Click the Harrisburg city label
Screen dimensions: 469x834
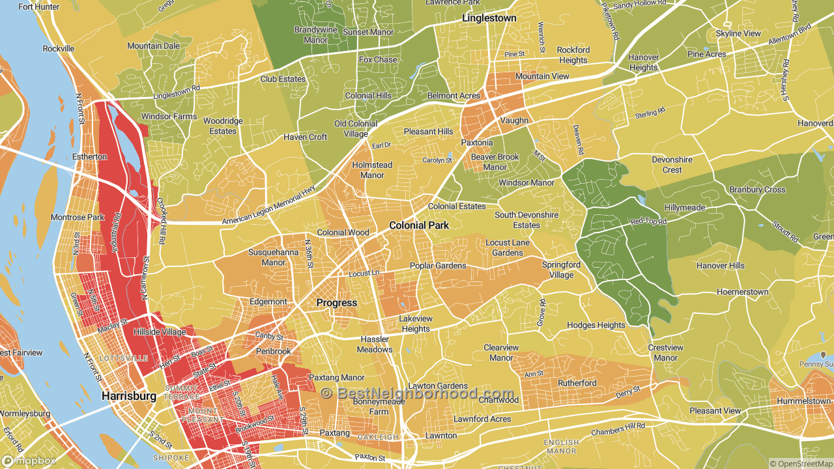point(129,396)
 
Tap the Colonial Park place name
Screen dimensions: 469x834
point(419,225)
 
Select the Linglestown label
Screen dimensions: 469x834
point(489,18)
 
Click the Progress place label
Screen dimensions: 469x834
point(337,303)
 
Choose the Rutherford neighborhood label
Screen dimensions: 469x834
point(577,383)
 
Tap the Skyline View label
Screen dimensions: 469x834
point(738,33)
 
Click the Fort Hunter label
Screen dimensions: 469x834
point(38,7)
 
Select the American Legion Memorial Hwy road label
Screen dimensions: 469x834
point(268,206)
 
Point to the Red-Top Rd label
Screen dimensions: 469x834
point(648,222)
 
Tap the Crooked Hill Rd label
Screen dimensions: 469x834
point(159,222)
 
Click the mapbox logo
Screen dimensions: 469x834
point(29,461)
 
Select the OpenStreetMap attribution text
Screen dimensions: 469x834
point(801,464)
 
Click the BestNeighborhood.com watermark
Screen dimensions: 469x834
point(417,393)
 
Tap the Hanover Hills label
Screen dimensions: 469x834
point(720,266)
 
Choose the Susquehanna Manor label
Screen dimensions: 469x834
point(266,257)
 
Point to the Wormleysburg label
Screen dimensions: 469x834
point(24,414)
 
